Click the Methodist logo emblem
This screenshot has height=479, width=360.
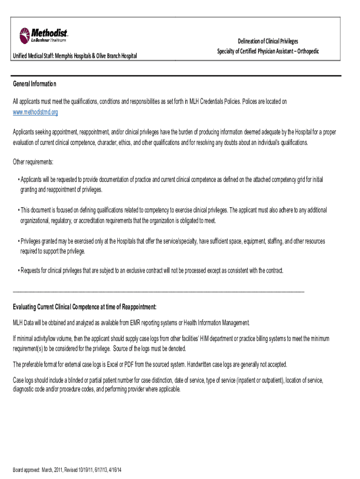[25, 35]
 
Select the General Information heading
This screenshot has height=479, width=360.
[35, 84]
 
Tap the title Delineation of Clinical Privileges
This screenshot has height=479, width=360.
[268, 42]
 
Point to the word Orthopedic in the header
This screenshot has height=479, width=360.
[306, 51]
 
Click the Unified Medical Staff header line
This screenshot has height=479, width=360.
[75, 56]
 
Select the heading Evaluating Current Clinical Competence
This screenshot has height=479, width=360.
[85, 307]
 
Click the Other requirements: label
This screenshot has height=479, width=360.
[33, 162]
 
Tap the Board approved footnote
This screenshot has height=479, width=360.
[67, 470]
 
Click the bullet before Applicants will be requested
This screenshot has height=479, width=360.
[18, 180]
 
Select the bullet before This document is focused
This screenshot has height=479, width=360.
[18, 210]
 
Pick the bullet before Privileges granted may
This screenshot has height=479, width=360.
[18, 241]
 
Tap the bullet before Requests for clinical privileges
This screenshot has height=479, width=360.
[18, 271]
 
